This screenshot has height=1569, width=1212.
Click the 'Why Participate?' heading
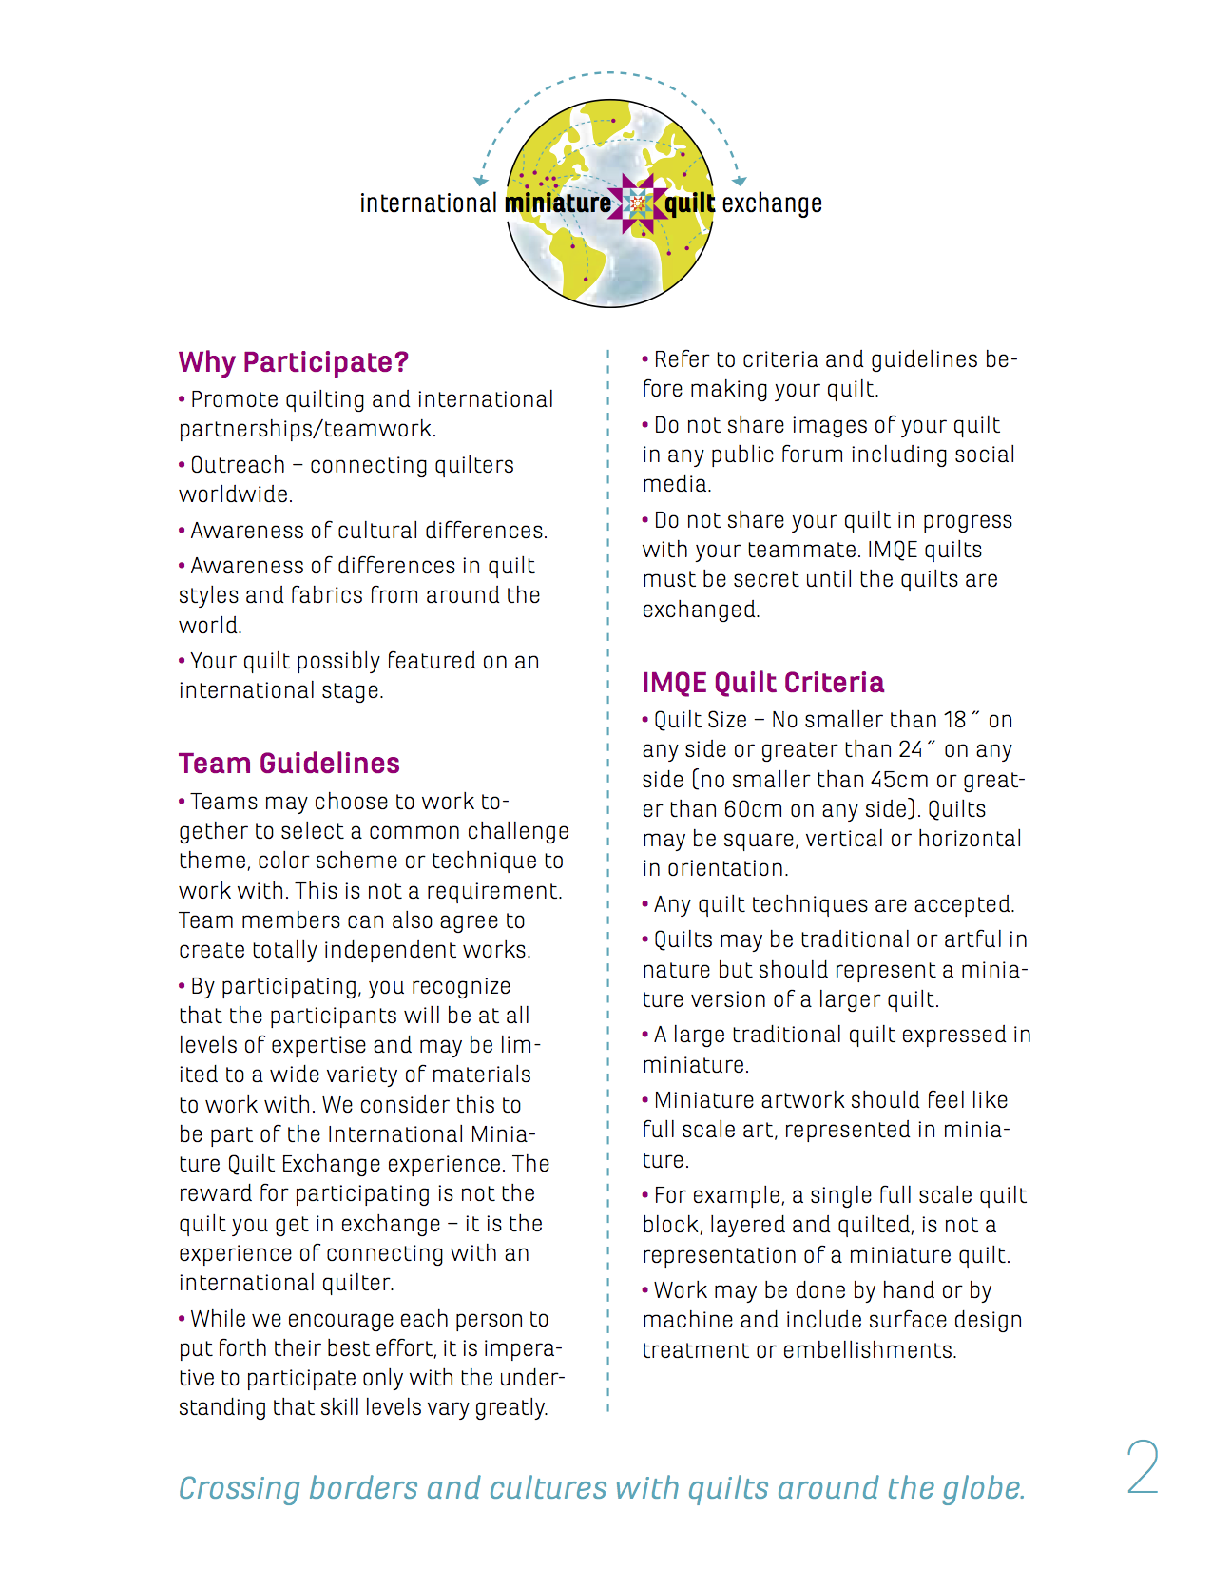coord(293,362)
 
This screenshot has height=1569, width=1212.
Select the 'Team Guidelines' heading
coord(289,764)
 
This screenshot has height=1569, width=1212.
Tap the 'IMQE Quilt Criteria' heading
coord(762,683)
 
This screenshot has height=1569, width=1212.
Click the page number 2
coord(1142,1467)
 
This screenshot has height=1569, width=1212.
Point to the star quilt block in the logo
coord(638,203)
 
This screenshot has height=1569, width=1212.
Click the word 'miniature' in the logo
coord(558,203)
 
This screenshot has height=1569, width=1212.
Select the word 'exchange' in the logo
coord(772,203)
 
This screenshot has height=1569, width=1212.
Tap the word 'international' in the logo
coord(428,203)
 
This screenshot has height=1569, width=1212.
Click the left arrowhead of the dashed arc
coord(481,180)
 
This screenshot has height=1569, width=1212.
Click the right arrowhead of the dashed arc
coord(740,180)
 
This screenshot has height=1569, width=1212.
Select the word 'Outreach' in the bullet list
coord(238,465)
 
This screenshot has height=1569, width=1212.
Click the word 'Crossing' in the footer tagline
coord(240,1488)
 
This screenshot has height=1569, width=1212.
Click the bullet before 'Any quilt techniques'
coord(645,904)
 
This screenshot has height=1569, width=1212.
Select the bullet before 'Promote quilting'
coord(182,399)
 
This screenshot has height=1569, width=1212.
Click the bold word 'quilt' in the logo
coord(689,203)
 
